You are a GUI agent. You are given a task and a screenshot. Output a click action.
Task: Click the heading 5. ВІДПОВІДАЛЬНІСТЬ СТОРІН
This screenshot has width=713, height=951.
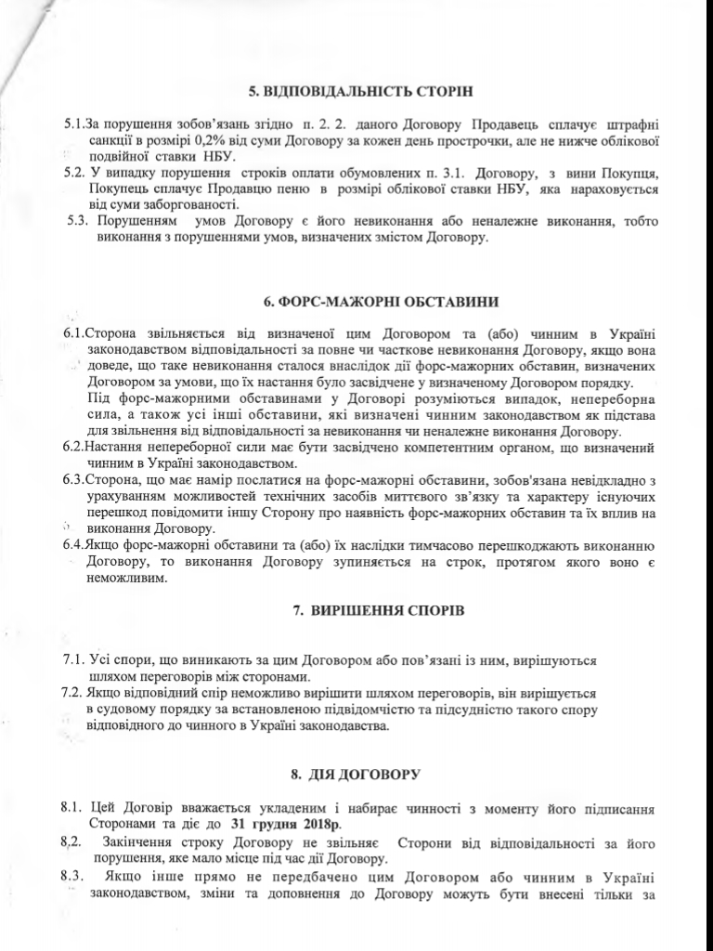[x=361, y=91]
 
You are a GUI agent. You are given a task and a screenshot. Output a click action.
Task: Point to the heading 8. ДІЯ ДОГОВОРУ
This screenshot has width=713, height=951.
[x=356, y=773]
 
